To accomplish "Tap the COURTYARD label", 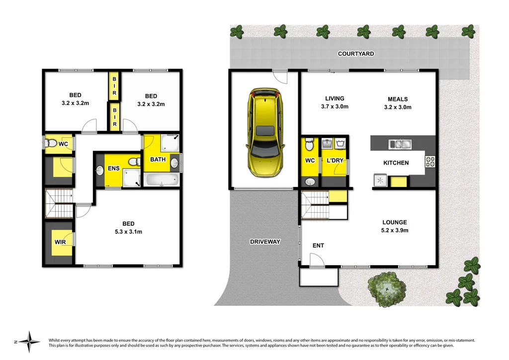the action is [355, 54].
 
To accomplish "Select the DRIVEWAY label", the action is [265, 242].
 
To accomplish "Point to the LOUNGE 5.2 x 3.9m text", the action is [395, 226].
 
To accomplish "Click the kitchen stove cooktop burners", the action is [430, 161].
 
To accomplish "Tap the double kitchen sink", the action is [400, 145].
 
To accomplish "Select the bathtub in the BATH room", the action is [161, 180].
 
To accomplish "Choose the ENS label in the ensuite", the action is [113, 169].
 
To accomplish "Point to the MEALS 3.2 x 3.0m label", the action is [398, 102].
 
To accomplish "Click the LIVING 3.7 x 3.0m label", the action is [335, 102].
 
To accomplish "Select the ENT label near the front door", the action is [318, 246].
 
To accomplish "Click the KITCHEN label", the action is [396, 163].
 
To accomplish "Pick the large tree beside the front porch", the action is [387, 288].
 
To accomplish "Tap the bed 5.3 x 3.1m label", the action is [128, 228].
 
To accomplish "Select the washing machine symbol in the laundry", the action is [341, 144].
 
